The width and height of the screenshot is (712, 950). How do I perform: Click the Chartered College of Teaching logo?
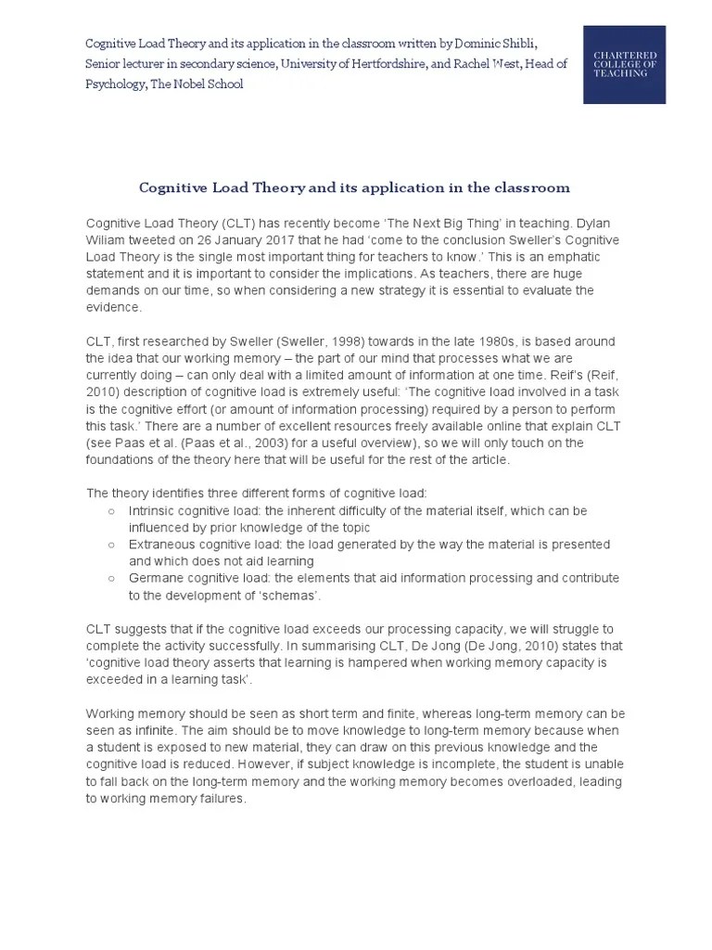tap(623, 64)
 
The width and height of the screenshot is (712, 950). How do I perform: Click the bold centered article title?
tap(354, 187)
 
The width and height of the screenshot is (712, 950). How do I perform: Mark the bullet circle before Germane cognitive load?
tap(111, 578)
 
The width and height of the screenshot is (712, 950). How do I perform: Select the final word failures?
tap(222, 799)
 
